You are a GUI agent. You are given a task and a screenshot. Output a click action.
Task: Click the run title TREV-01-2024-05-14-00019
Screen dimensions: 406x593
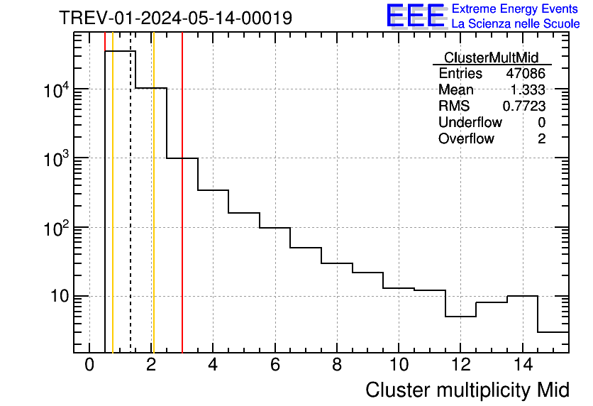coord(175,18)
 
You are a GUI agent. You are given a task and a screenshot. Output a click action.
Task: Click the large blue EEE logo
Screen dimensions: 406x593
coord(416,16)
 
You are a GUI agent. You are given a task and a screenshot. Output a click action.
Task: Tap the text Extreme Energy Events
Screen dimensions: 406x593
coord(516,9)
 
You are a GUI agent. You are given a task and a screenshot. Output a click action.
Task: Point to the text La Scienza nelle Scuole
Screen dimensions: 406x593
coord(516,24)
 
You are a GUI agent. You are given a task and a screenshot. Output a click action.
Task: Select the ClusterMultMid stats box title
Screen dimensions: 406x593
coord(491,57)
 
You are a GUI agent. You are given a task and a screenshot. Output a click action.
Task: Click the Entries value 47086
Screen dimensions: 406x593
coord(526,74)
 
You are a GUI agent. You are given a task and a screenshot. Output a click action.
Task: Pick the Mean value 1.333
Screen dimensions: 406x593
coord(528,90)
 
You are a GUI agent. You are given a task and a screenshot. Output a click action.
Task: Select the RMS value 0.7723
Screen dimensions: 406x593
coord(524,106)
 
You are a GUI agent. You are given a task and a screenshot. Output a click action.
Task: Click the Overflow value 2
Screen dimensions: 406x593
coord(541,139)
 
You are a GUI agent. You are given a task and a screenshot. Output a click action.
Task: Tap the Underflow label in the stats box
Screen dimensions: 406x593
coord(470,123)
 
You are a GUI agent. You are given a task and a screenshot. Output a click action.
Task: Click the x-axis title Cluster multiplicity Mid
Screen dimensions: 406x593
coord(467,390)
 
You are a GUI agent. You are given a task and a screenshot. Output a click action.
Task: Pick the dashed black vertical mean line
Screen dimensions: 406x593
coord(131,213)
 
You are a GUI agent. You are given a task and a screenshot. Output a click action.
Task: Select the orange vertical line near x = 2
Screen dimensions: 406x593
coord(153,213)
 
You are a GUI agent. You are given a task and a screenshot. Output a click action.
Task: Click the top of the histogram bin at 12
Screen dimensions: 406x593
coord(460,317)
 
